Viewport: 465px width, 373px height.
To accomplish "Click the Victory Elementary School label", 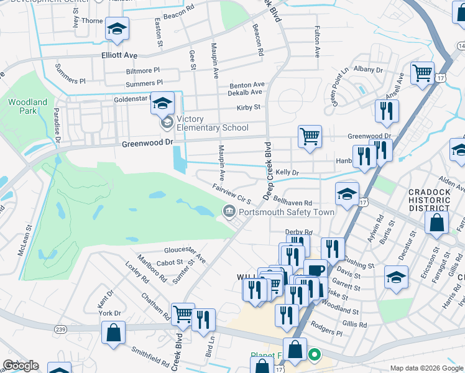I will (x=212, y=123).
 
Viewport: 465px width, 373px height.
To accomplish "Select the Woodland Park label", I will (x=27, y=106).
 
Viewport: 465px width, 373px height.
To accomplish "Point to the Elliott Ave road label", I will (x=119, y=55).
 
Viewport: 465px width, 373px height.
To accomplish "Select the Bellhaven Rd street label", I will (x=292, y=203).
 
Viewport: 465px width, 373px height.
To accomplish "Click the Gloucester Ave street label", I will (x=184, y=252).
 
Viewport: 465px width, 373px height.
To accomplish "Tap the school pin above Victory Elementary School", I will (x=162, y=103).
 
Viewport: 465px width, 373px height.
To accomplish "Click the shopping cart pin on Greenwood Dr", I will (x=309, y=136).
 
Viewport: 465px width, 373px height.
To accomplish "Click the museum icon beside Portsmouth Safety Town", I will (x=229, y=212).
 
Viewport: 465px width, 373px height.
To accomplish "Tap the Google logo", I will (x=20, y=366).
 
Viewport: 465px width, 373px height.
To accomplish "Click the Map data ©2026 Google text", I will (x=426, y=368).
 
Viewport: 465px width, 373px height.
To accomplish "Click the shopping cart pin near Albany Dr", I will (x=422, y=73).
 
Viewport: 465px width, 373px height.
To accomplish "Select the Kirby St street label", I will (x=248, y=107).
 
